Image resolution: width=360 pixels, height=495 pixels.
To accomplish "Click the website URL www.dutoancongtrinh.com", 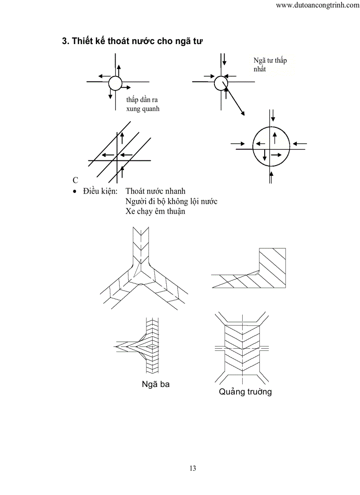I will coord(317,5).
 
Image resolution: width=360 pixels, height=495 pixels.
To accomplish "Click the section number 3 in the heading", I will coord(64,41).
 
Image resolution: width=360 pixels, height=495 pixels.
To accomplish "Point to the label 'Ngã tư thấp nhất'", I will coord(270,65).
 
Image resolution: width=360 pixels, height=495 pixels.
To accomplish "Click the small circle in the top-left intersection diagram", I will coord(115,82).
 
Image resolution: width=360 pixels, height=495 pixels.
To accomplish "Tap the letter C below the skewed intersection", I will coord(75,180).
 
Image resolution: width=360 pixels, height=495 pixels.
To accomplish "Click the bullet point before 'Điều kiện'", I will coord(75,192).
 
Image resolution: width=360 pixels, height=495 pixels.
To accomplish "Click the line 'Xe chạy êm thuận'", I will coord(155,212).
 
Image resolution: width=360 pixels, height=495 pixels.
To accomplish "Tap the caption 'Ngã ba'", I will coord(156,384).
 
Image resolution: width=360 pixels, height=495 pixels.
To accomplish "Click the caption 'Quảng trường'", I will coord(245,391).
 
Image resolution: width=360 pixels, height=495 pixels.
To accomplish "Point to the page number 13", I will coord(193,468).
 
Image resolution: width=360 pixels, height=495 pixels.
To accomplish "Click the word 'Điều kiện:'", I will coord(100,192).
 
